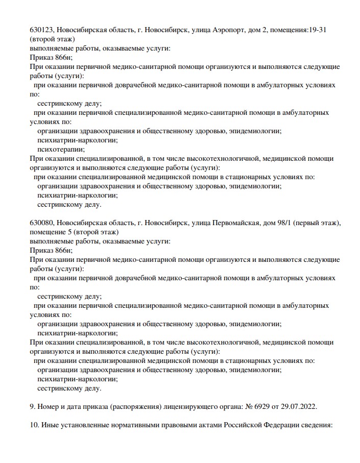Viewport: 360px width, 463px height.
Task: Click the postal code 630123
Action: coord(41,30)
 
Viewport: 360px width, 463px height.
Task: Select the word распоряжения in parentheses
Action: coord(136,407)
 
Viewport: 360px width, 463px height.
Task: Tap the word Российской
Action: coord(244,425)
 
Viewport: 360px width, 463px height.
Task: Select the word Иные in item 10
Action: coord(49,425)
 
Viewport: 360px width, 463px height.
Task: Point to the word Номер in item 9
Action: coord(49,407)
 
